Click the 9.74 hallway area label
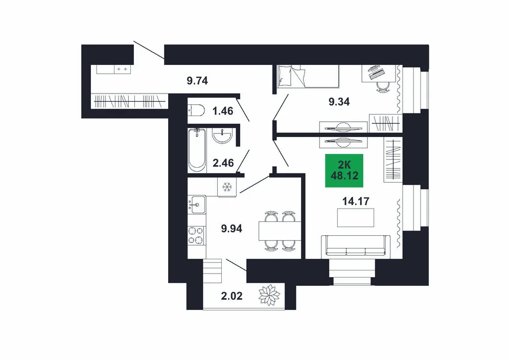[x=197, y=81]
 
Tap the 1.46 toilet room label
[x=223, y=111]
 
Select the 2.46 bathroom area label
[x=223, y=163]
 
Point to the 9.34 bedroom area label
[x=339, y=102]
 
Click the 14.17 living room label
[x=356, y=201]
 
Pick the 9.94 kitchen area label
[x=231, y=229]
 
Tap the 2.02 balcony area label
[x=231, y=296]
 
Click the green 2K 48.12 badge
[x=344, y=171]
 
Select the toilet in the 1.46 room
[x=196, y=110]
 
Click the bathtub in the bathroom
[x=197, y=150]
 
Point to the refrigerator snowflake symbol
[x=227, y=187]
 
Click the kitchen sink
[x=197, y=205]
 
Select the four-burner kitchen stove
[x=196, y=235]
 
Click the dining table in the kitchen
[x=280, y=231]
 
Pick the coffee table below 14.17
[x=356, y=217]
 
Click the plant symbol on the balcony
[x=269, y=296]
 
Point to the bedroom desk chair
[x=383, y=87]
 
